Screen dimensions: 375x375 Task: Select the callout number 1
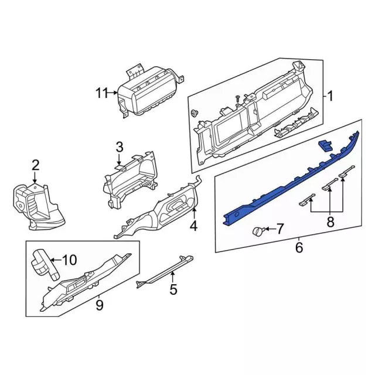pos(330,96)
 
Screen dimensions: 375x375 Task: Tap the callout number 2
pos(35,165)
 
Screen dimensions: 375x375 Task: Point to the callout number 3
pos(120,146)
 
